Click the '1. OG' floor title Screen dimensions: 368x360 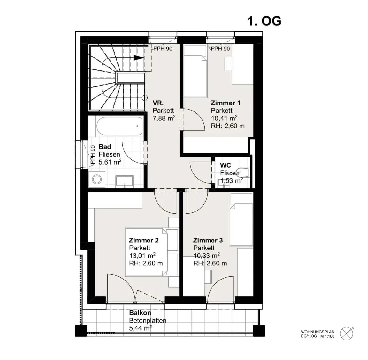pos(264,21)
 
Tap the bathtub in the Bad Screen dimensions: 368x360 pos(119,126)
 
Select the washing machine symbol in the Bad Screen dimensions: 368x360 pos(97,179)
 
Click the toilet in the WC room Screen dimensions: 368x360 pos(242,172)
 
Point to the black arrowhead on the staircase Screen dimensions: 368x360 pos(138,58)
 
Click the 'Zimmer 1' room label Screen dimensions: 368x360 pos(226,103)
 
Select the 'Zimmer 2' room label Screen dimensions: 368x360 pos(144,240)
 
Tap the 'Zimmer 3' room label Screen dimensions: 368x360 pos(208,240)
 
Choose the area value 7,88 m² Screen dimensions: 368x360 pos(164,118)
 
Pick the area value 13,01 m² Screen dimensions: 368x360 pos(142,255)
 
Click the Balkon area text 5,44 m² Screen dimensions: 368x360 pos(140,328)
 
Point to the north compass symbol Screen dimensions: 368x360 pos(347,333)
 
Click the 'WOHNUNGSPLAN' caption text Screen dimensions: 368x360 pos(318,332)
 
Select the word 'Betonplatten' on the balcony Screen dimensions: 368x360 pos(148,321)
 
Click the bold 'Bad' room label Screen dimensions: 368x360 pos(105,147)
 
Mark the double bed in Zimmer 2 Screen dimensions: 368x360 pos(152,252)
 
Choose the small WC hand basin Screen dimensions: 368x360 pos(223,183)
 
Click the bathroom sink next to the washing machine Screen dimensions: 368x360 pos(124,182)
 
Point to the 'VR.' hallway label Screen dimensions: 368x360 pos(158,103)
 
